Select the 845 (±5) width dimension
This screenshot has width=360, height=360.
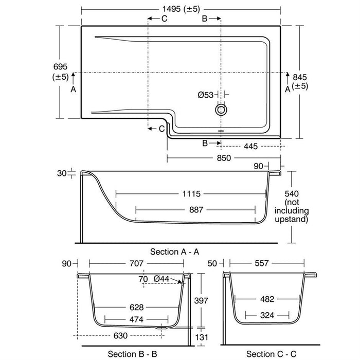pyautogui.click(x=300, y=81)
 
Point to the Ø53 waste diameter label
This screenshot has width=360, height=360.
pyautogui.click(x=206, y=95)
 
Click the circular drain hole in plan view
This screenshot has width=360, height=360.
pyautogui.click(x=222, y=110)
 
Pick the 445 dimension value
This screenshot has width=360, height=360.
pyautogui.click(x=250, y=147)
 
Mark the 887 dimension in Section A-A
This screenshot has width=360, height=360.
pyautogui.click(x=196, y=209)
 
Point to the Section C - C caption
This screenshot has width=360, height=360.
pyautogui.click(x=271, y=353)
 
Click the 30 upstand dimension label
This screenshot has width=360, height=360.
pyautogui.click(x=62, y=173)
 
